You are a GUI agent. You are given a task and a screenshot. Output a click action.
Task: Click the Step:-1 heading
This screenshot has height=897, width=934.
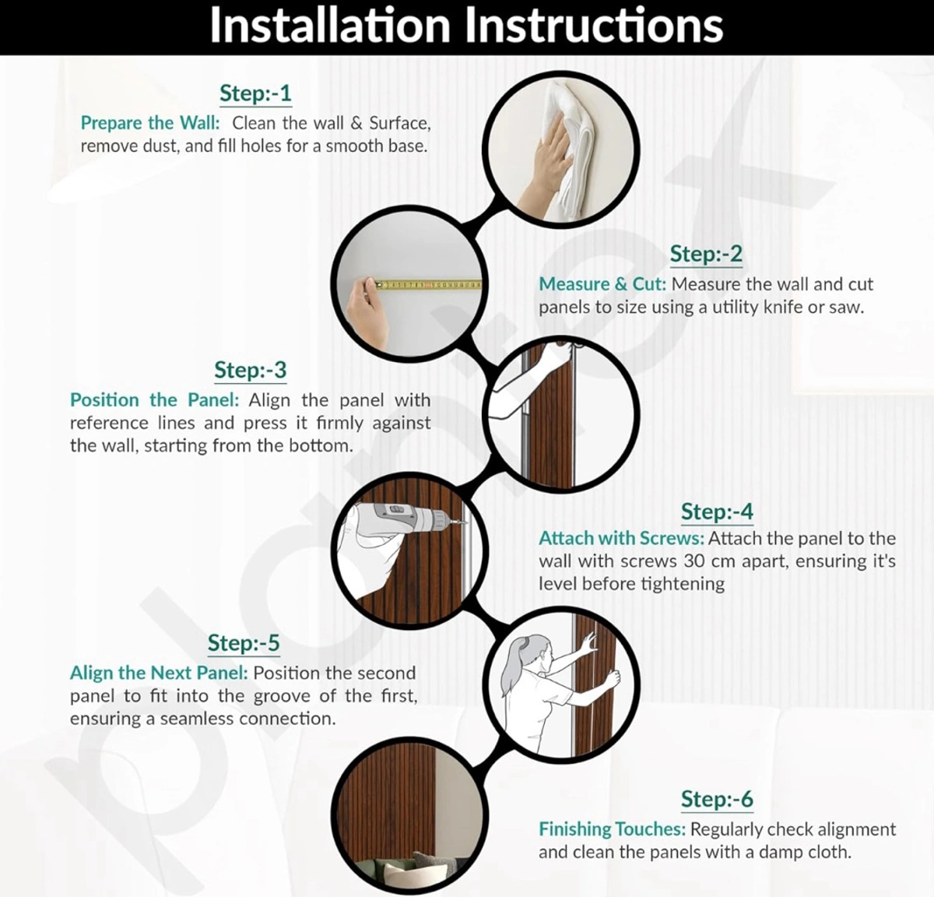coord(255,93)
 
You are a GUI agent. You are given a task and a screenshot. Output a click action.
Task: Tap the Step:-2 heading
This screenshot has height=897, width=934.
coord(706,254)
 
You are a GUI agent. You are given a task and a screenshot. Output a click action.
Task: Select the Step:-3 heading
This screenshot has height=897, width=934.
coord(250,370)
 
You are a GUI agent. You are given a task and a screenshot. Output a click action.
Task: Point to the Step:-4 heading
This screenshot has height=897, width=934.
coord(717,512)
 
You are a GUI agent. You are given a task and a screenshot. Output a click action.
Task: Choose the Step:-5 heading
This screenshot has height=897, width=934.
coord(244,643)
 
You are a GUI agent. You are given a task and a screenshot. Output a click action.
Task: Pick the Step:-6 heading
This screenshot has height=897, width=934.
coord(717,799)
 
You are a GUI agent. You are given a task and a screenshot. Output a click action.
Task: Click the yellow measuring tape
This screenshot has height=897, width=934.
coord(428,285)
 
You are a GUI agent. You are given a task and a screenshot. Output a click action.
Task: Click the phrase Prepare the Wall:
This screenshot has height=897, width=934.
coord(149,123)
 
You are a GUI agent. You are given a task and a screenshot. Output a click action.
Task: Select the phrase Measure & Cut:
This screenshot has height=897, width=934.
coord(602,284)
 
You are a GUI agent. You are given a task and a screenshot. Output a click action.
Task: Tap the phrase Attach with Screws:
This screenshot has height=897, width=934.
coord(621,538)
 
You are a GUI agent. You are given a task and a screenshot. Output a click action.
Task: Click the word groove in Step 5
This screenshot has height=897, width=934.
coord(281,697)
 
